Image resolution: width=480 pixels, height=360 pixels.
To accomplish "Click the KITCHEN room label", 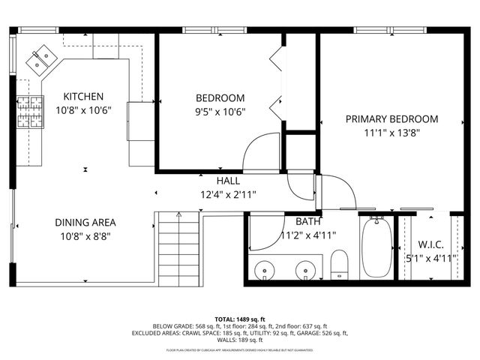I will [83, 97].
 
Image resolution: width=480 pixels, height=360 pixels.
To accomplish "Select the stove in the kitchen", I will [30, 112].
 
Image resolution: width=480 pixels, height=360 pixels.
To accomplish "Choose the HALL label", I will [229, 181].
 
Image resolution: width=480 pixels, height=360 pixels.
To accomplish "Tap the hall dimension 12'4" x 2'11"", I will [229, 194].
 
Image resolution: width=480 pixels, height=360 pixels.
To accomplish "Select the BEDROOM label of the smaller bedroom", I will [220, 98].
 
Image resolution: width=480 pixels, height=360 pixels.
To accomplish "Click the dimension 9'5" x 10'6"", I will [220, 112].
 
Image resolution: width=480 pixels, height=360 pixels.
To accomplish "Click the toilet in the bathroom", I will [340, 264].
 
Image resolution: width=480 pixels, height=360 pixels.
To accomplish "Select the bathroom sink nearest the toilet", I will [304, 269].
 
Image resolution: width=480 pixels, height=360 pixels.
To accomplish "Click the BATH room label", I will [307, 222].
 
